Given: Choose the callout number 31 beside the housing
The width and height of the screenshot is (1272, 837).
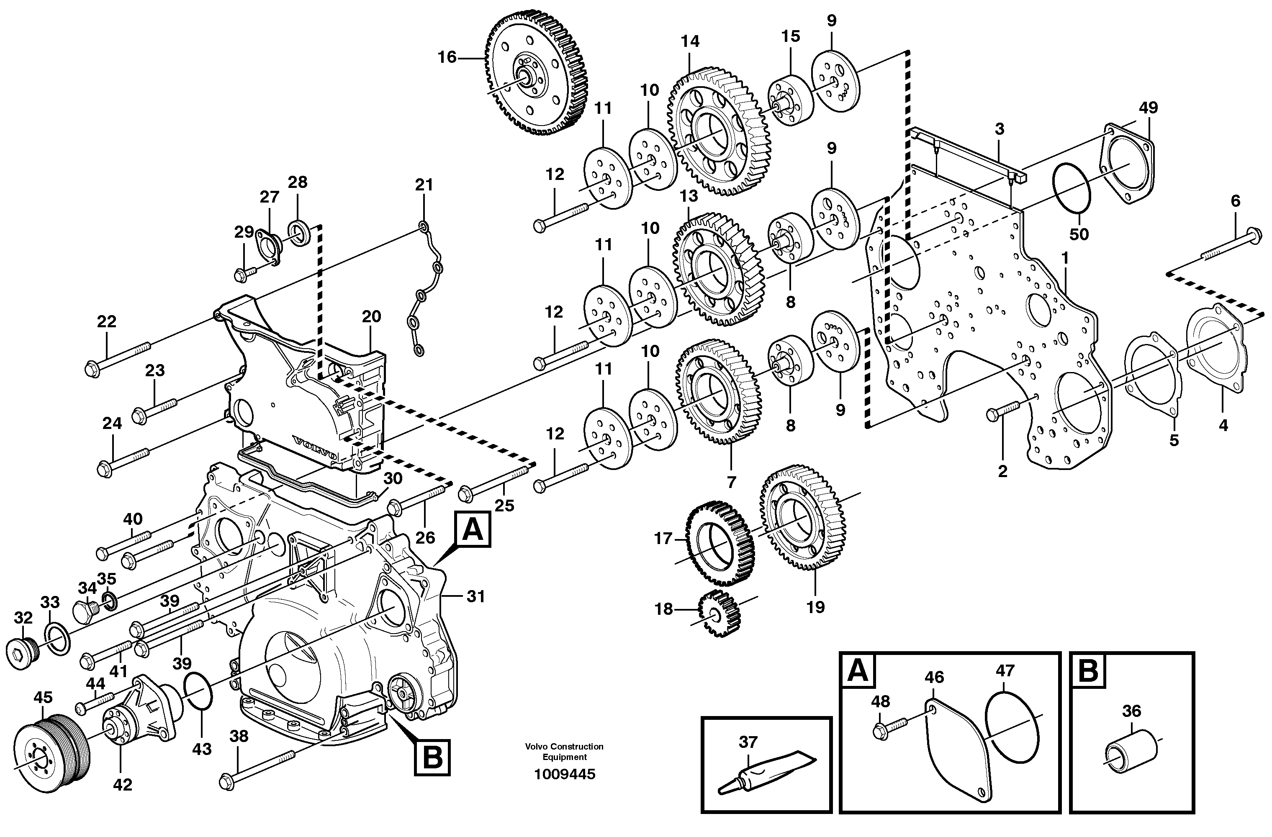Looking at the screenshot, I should coord(475,596).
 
